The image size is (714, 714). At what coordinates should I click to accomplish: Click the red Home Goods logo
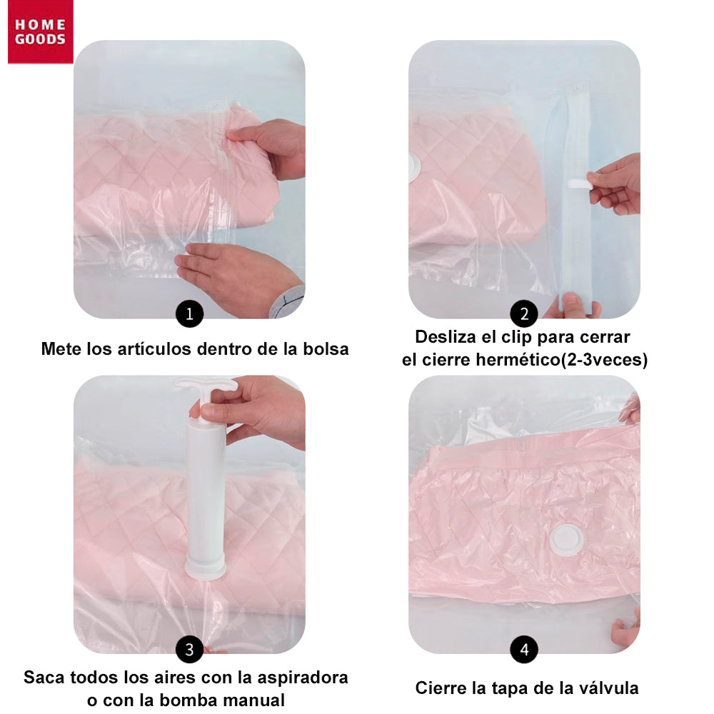40,32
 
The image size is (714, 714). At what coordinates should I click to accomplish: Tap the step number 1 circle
189,313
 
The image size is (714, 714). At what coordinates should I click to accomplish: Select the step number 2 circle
524,313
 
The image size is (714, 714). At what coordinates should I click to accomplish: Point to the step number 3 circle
189,649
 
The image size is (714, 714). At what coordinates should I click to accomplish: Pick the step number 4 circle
524,649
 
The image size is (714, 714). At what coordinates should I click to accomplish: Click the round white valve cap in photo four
567,537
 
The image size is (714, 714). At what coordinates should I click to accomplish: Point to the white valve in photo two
413,166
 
